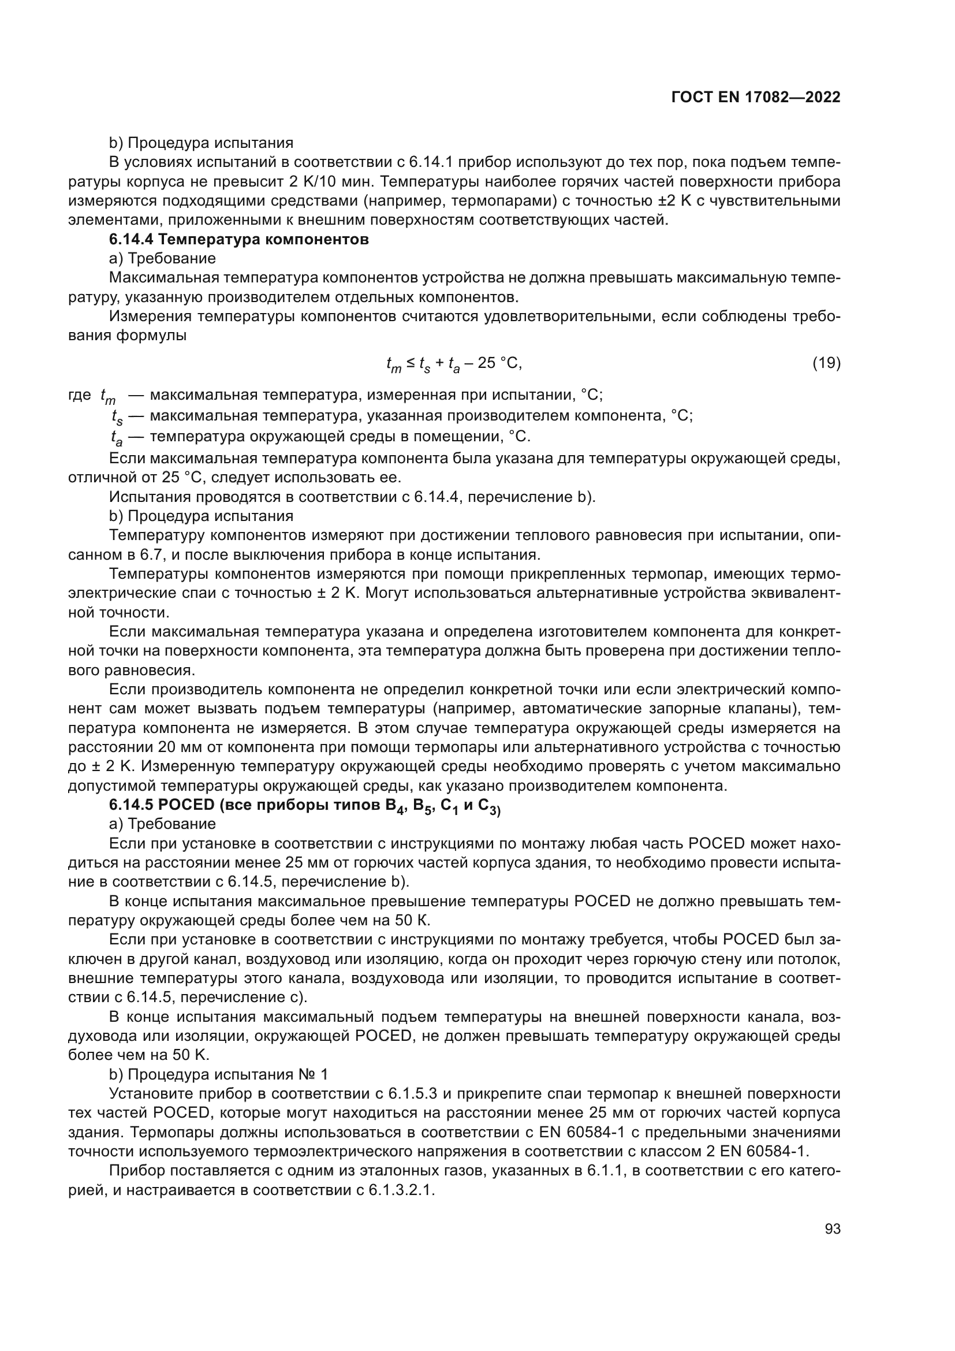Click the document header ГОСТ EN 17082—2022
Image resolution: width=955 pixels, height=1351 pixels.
coord(756,98)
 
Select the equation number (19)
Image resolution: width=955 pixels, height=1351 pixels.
coord(826,364)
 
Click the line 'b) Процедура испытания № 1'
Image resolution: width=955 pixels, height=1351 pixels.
coord(219,1074)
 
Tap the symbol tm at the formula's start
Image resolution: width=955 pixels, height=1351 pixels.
coord(393,365)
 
